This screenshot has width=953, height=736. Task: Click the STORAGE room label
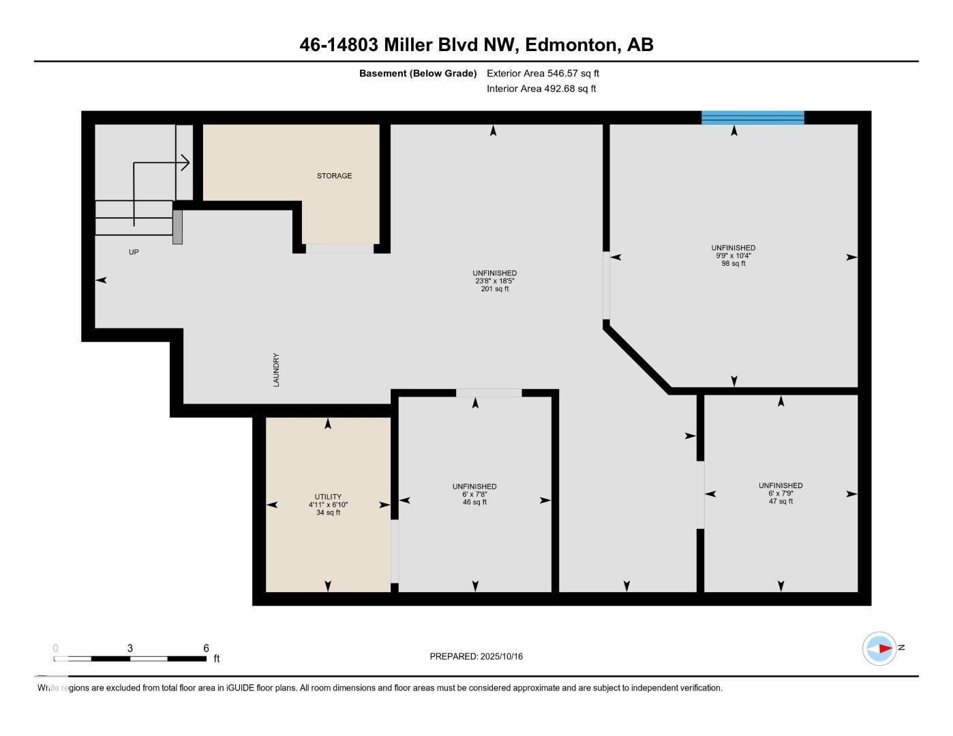334,176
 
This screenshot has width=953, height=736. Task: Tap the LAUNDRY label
276,370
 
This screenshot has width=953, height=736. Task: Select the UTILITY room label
328,497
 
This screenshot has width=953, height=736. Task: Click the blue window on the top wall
753,117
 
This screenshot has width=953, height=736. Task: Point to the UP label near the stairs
134,252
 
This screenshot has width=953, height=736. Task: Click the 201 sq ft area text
495,289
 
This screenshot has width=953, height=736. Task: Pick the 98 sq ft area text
733,264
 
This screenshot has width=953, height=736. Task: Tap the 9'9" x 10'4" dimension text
733,256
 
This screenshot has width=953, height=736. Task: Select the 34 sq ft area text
328,512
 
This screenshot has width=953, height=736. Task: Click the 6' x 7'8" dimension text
474,494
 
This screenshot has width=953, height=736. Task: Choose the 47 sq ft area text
781,501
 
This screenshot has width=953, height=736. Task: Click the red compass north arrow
886,648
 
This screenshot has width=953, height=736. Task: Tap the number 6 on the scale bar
206,648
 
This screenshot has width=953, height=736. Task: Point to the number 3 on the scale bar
130,648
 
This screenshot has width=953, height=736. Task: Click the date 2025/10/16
501,656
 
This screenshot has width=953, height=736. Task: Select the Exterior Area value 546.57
562,73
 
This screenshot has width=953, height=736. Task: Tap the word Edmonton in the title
571,45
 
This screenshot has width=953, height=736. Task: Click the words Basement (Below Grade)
417,73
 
